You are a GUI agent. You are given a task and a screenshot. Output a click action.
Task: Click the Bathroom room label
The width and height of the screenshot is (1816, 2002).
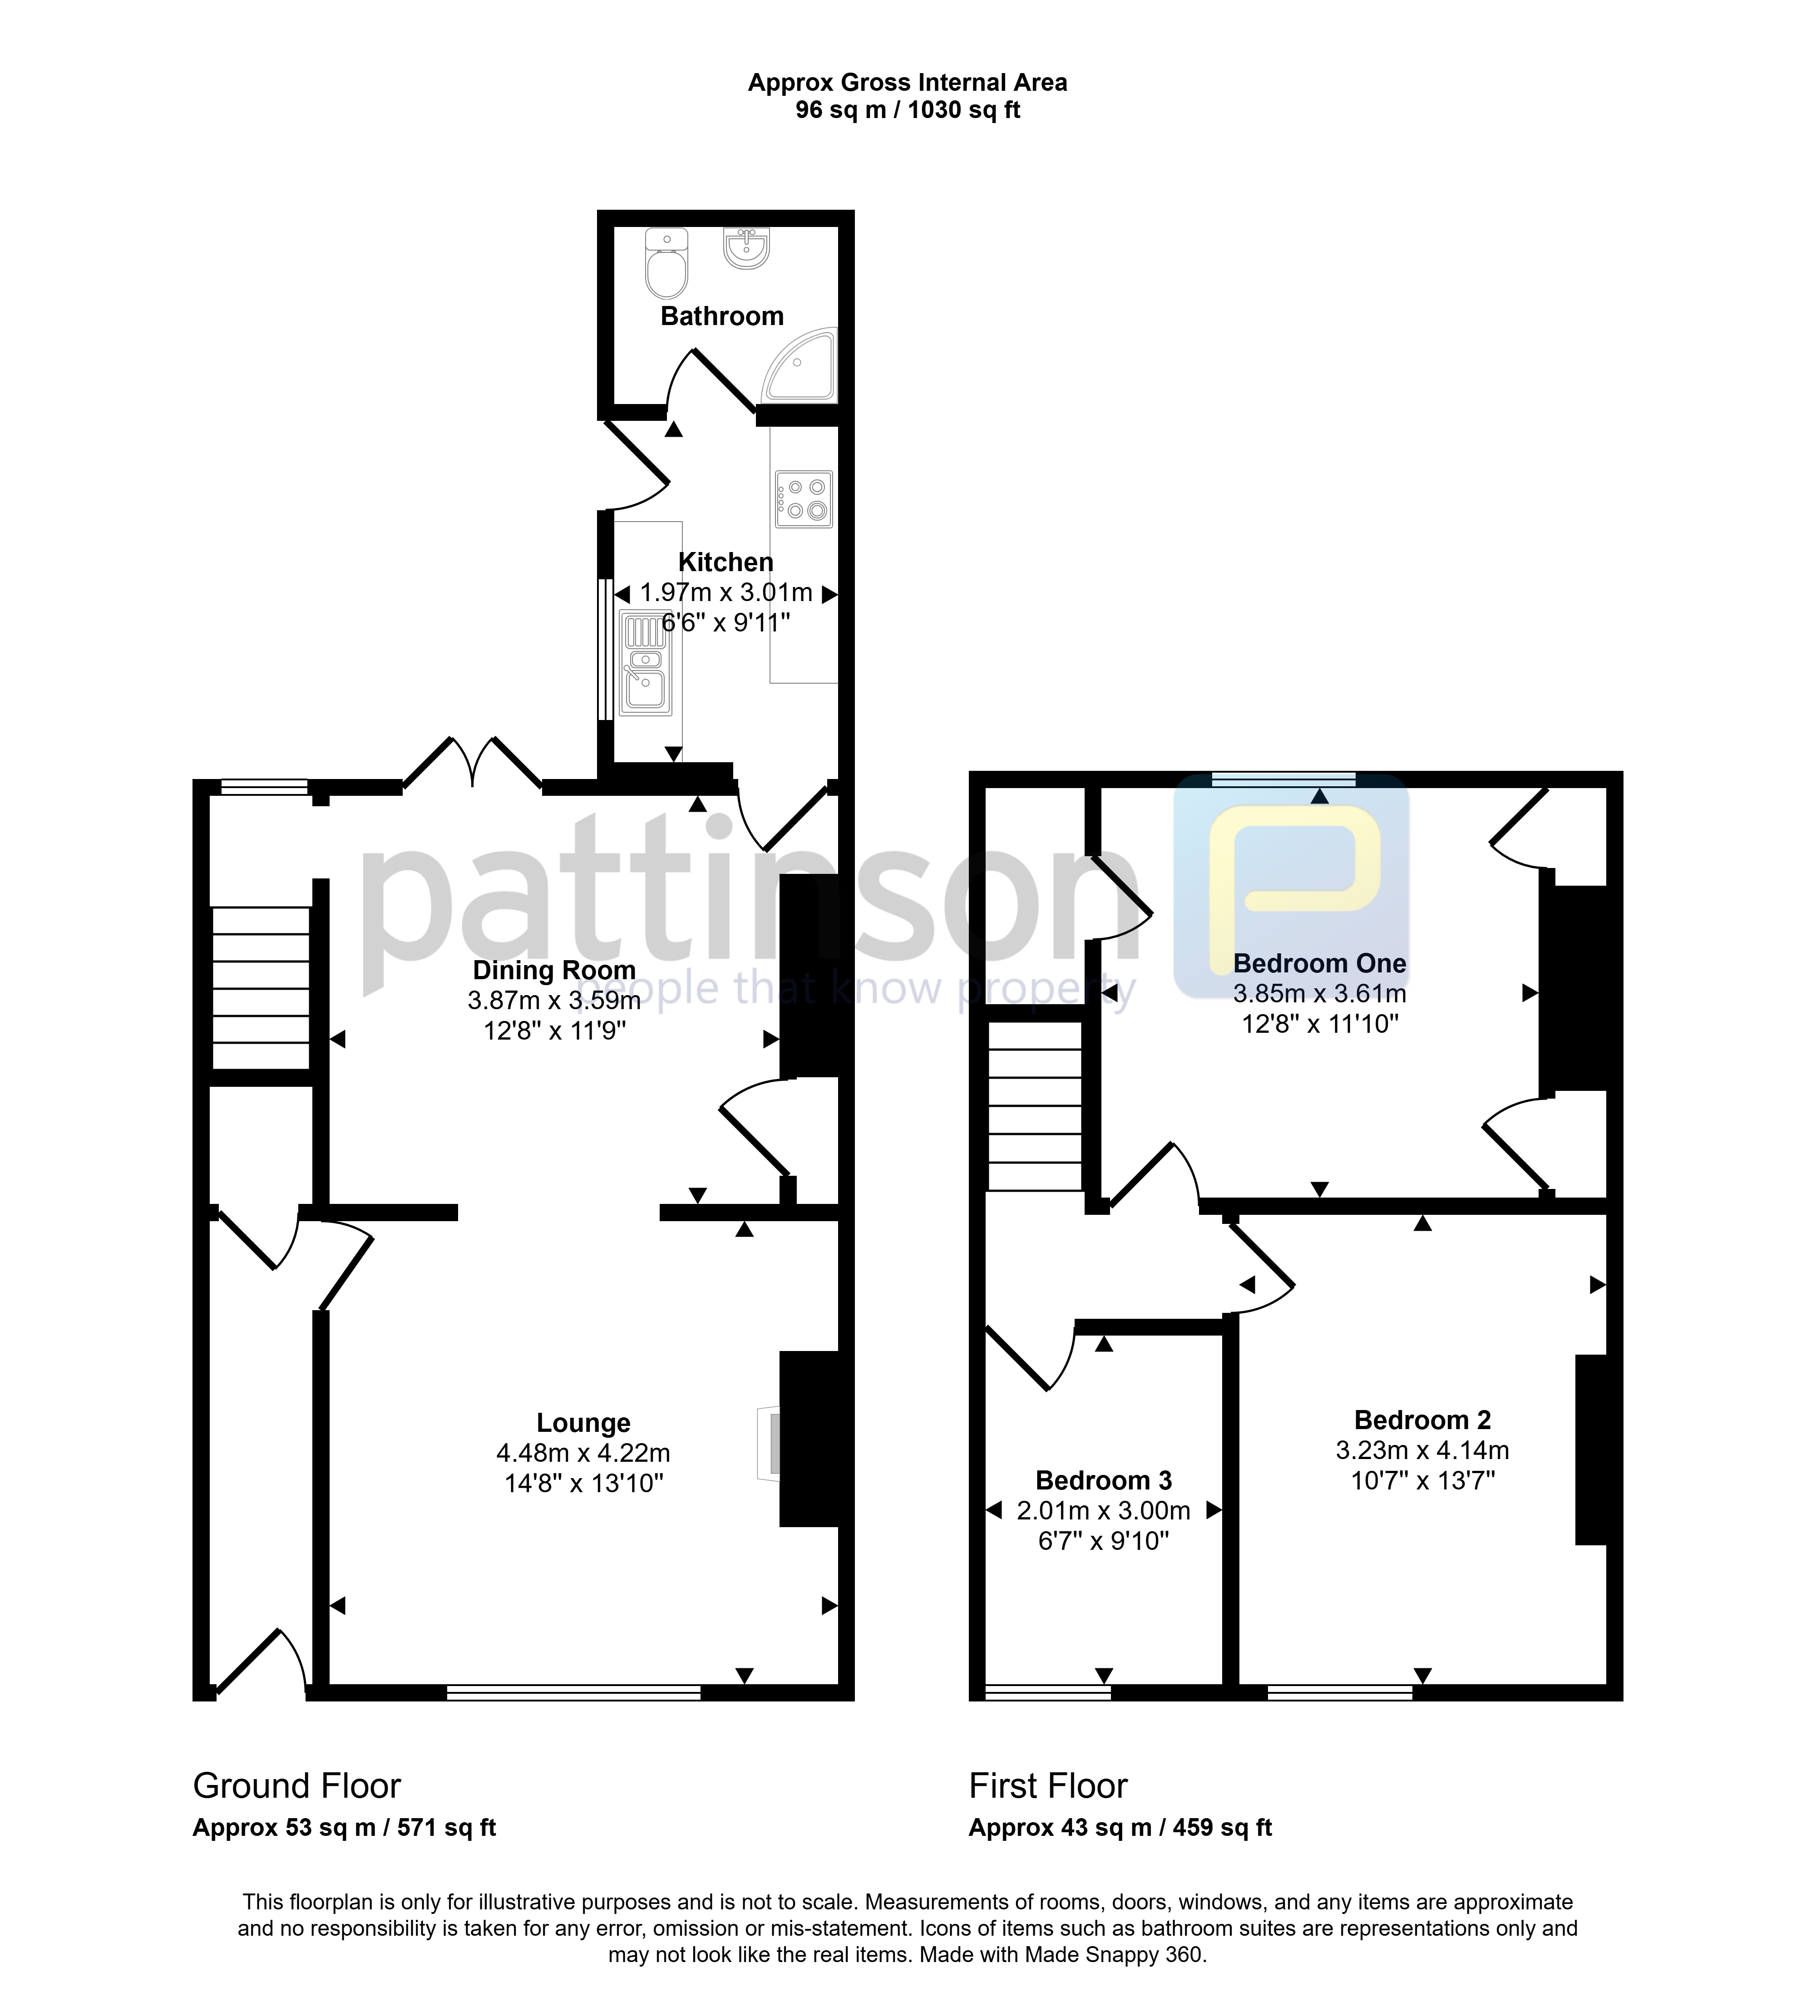point(722,316)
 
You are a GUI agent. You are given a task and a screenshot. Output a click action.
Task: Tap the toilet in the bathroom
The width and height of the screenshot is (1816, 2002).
point(666,263)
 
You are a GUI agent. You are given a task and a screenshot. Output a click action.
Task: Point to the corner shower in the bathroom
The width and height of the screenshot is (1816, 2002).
point(799,365)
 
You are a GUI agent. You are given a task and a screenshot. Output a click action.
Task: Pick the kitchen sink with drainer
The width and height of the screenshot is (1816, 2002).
point(646,662)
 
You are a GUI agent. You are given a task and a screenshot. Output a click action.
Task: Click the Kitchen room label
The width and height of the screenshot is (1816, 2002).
point(726,562)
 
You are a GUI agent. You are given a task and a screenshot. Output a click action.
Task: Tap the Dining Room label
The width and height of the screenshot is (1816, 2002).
point(554,970)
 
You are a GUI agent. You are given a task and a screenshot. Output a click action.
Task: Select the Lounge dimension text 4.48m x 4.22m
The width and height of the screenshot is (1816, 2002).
point(584,1453)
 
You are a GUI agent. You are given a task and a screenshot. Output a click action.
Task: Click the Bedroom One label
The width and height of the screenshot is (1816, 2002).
point(1320,963)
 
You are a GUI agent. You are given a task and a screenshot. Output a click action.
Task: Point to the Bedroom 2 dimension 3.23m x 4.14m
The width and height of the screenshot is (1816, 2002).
point(1423,1450)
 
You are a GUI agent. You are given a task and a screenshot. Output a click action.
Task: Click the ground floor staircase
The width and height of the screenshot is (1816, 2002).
point(261,988)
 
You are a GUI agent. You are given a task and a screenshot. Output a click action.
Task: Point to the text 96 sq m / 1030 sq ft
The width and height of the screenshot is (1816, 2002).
point(908,110)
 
